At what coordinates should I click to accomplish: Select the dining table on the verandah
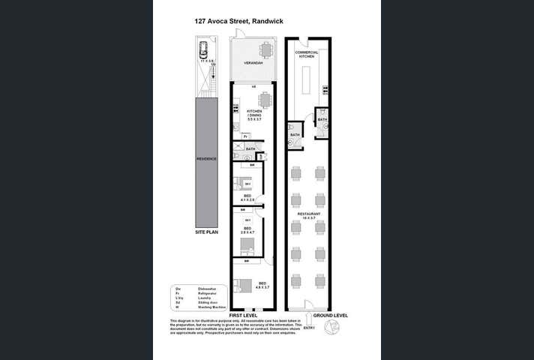click(x=265, y=50)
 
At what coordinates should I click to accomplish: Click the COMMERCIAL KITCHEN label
click(x=307, y=54)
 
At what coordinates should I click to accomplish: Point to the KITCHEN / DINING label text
click(x=254, y=115)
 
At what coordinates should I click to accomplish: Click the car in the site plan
click(x=203, y=51)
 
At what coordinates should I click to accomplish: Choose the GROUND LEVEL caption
click(x=331, y=316)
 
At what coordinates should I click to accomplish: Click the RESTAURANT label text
click(x=308, y=216)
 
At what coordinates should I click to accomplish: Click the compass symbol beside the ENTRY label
click(x=331, y=328)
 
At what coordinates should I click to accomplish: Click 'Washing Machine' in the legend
click(x=214, y=307)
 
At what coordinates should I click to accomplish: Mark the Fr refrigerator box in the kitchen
click(x=245, y=136)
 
